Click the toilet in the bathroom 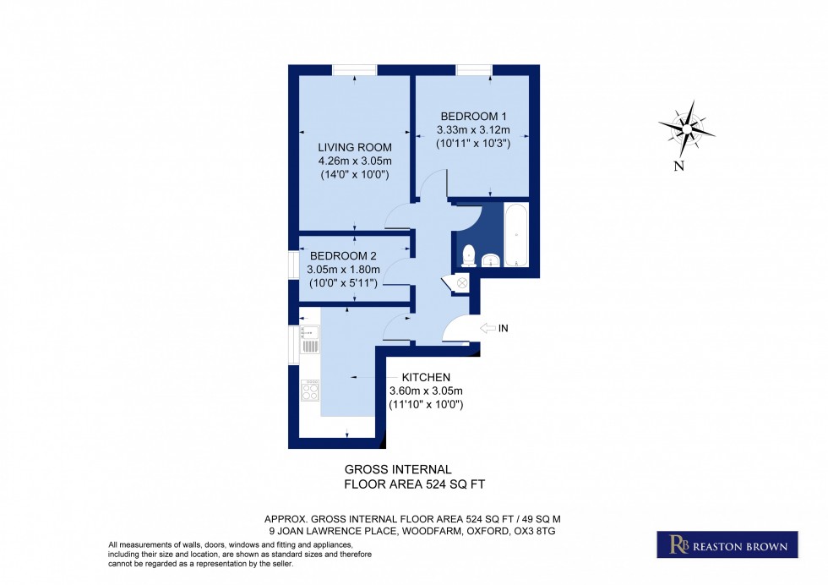470,254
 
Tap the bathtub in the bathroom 516,234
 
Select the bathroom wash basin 492,259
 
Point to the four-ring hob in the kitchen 310,390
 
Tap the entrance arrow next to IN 489,327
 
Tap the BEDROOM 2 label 342,256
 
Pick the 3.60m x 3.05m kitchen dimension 425,391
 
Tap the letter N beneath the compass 678,167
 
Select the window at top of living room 354,70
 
